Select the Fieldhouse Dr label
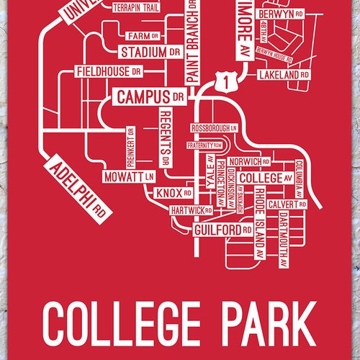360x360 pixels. [x=109, y=72]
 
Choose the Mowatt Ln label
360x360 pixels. [x=129, y=175]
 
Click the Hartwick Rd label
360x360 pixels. [x=192, y=211]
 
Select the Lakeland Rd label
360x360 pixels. [x=283, y=74]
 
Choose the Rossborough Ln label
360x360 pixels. [x=215, y=127]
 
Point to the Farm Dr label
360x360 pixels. [x=137, y=35]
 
